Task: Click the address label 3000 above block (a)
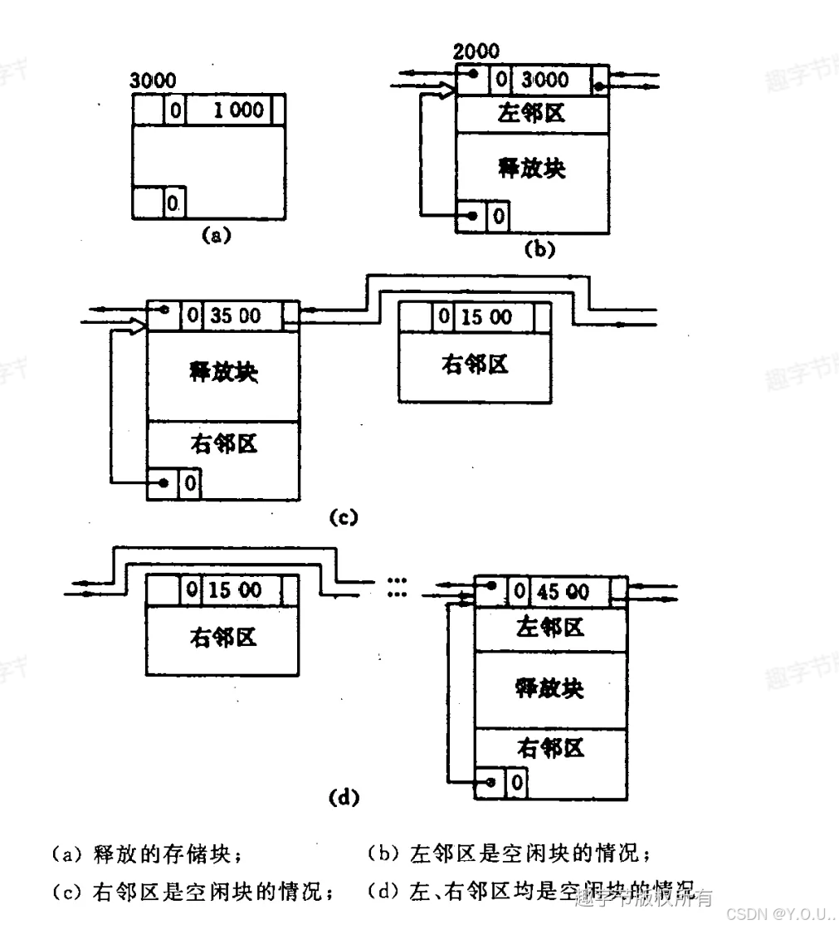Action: point(154,81)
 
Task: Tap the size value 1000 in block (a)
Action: point(238,110)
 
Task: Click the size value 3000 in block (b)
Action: point(544,80)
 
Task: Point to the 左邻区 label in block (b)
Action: point(531,113)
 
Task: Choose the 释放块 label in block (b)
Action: point(531,168)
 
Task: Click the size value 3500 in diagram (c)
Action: point(236,316)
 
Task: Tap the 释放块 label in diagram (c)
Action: point(222,372)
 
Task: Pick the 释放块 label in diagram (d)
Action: point(549,688)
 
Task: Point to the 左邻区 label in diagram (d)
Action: point(549,628)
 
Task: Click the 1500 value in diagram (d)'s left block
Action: point(235,590)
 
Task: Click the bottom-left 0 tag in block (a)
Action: point(173,202)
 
